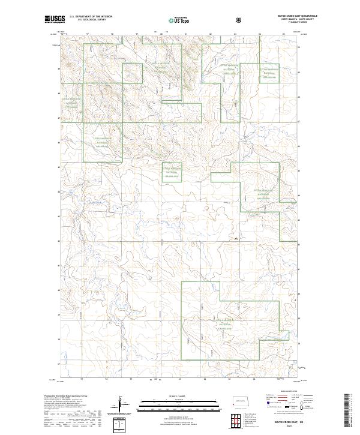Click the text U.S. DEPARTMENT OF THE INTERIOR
[x=91, y=17]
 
